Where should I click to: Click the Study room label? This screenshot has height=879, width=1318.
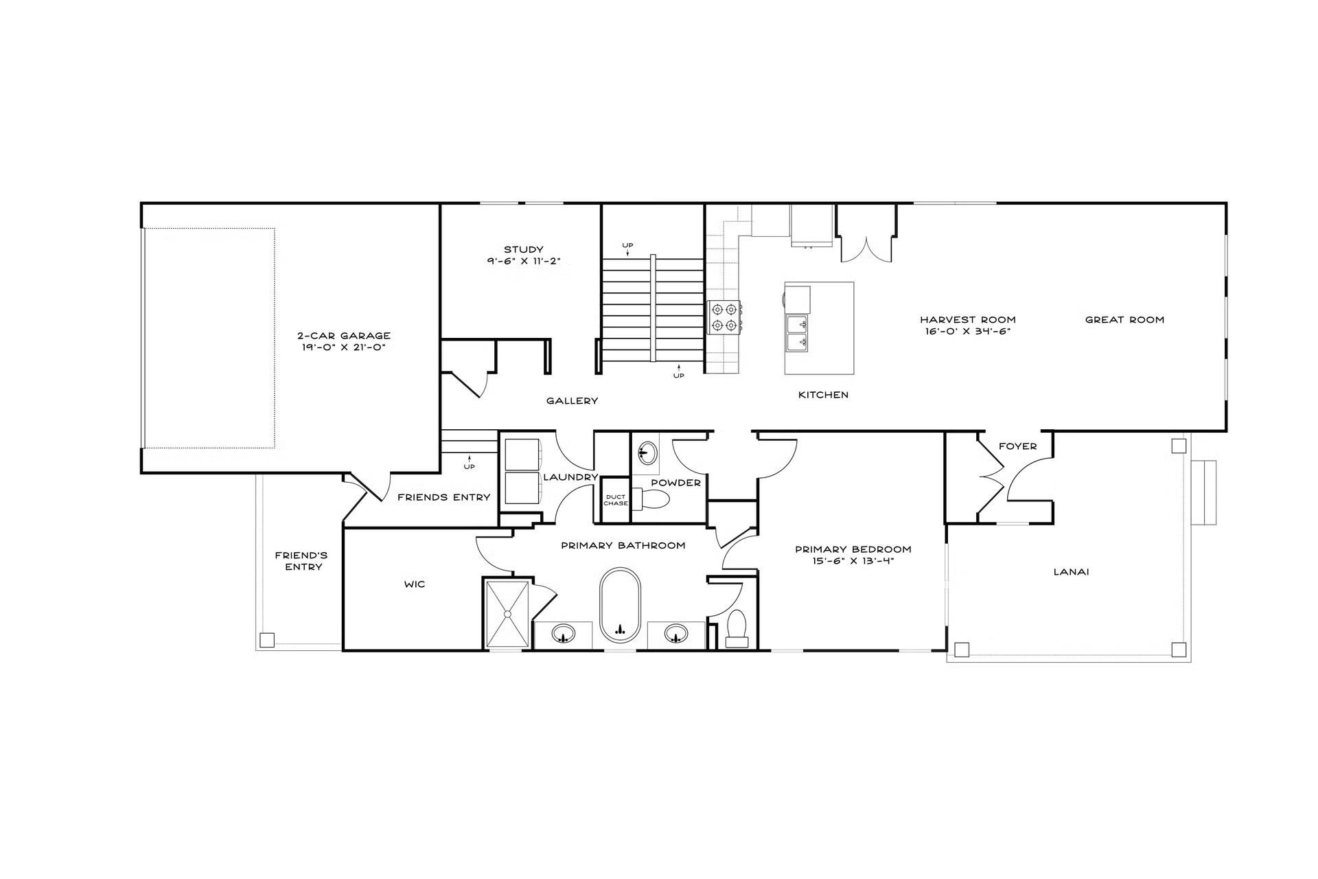pos(524,249)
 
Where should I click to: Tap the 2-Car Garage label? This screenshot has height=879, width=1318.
pos(344,336)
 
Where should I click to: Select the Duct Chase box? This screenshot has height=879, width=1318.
pos(616,500)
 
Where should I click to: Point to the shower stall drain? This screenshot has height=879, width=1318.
pos(508,614)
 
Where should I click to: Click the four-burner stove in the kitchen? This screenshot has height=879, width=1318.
pos(725,317)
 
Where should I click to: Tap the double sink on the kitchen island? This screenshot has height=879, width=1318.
pos(798,333)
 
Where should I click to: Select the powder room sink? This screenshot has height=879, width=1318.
pos(645,453)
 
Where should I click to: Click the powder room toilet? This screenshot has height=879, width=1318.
pos(649,499)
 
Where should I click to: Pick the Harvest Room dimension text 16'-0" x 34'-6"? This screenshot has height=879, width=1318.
pos(968,331)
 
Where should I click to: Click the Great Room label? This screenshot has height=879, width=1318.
pos(1124,319)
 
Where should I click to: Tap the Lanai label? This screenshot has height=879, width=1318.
pos(1072,571)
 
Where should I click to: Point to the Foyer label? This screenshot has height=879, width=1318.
pos(1017,446)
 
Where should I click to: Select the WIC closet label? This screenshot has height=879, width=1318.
pos(415,584)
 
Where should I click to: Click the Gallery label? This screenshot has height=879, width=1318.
pos(572,400)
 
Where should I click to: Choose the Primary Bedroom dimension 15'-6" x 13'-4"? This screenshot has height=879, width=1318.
pos(853,561)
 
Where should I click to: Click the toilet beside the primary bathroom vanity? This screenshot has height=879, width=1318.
pos(737,628)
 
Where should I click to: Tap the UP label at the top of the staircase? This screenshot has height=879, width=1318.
pos(627,245)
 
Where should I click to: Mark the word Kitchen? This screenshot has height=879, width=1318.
pos(823,395)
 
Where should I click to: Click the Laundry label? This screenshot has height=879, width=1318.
pos(570,477)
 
